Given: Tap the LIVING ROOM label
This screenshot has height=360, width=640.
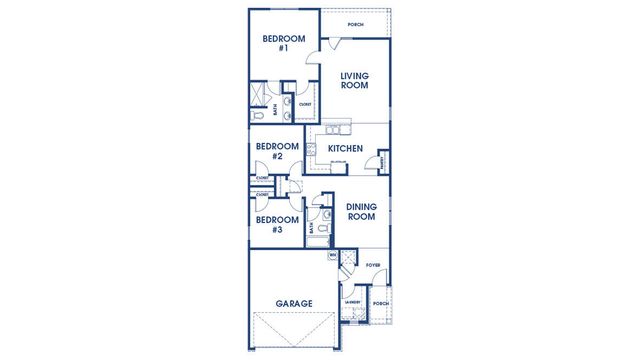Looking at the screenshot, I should tap(355, 81).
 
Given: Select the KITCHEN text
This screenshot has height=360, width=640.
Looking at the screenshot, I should tap(346, 149).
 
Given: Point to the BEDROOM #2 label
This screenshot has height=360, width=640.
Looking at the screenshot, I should tap(276, 151).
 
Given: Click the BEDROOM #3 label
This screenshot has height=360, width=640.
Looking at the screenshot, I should tap(276, 224).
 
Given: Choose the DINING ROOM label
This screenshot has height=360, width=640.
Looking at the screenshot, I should tap(361, 212).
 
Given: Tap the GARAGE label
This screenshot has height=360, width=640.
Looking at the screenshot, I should tap(294, 303).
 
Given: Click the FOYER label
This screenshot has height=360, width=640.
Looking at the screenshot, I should tap(373, 265).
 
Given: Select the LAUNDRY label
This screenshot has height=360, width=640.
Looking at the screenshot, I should tap(352, 301).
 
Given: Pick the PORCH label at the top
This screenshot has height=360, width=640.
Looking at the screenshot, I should tap(355, 24).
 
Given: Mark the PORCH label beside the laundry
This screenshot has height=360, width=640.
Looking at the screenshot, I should tap(379, 303).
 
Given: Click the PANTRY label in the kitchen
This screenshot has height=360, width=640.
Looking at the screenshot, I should tap(382, 161).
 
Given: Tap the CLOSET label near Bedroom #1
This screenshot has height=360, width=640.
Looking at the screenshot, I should tap(305, 104).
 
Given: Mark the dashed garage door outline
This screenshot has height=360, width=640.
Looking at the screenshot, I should tap(294, 329).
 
